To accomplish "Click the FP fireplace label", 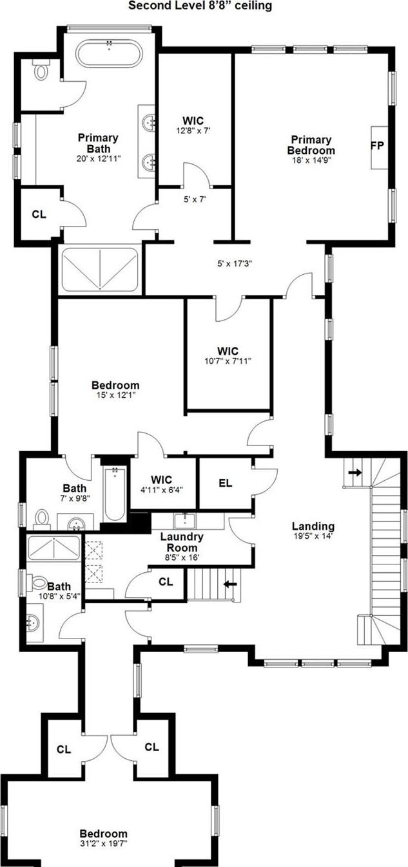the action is tap(377, 146).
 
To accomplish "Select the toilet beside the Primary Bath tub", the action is tap(41, 70).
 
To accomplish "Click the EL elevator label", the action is tap(226, 483).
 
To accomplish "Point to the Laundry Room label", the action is tap(182, 542).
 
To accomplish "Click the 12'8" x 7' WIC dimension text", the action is tap(193, 131).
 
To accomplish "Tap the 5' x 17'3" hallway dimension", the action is tap(235, 264).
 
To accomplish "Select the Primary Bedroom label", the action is tap(311, 145).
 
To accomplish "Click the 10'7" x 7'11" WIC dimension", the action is tap(228, 361).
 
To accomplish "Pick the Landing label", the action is tap(313, 526).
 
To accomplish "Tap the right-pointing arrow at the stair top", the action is tap(355, 472).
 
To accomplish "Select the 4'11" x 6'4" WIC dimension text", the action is tap(162, 489).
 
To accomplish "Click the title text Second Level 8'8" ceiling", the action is tap(200, 6).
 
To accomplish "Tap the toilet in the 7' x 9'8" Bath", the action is tap(41, 518).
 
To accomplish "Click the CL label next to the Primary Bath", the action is tap(39, 214).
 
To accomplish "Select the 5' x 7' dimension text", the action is tap(195, 200).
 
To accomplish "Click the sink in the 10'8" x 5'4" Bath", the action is tap(32, 623).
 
